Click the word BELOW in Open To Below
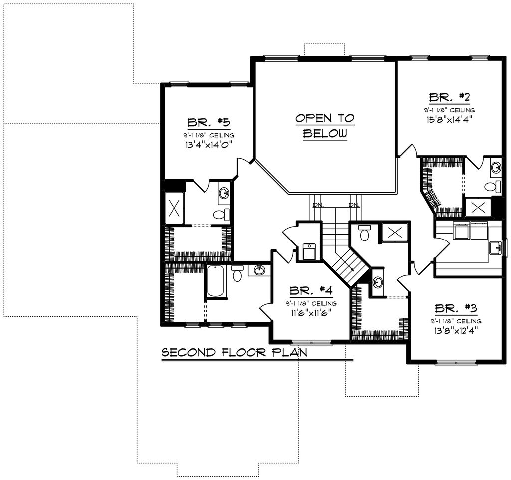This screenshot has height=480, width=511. pyautogui.click(x=325, y=133)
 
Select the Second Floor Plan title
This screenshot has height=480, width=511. pyautogui.click(x=234, y=352)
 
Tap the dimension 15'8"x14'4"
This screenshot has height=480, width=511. pyautogui.click(x=449, y=119)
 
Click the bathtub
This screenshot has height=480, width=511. pyautogui.click(x=216, y=282)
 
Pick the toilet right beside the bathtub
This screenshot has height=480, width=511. pyautogui.click(x=237, y=273)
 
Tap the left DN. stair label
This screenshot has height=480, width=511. pyautogui.click(x=317, y=205)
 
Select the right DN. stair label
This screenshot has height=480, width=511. pyautogui.click(x=354, y=205)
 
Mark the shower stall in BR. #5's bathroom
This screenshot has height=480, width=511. pyautogui.click(x=174, y=207)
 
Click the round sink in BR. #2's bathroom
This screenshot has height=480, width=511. pyautogui.click(x=496, y=168)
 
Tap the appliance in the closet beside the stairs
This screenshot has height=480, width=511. pyautogui.click(x=309, y=251)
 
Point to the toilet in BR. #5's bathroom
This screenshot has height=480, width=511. pyautogui.click(x=221, y=215)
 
